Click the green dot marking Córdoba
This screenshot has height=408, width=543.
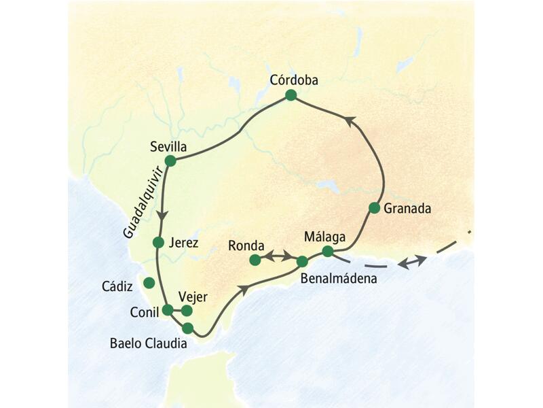point(291,96)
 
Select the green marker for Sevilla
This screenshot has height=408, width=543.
point(170,161)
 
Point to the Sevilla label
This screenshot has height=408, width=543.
point(169,146)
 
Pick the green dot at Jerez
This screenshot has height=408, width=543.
point(158,242)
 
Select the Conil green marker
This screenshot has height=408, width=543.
point(168,310)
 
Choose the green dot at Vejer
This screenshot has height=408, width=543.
point(187,311)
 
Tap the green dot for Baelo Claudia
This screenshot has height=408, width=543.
point(188,328)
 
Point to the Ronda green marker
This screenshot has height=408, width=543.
point(255,260)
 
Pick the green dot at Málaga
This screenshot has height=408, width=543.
point(328,252)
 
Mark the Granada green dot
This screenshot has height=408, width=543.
point(374,207)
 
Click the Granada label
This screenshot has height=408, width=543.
point(407,209)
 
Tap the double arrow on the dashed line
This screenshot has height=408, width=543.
point(413,261)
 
